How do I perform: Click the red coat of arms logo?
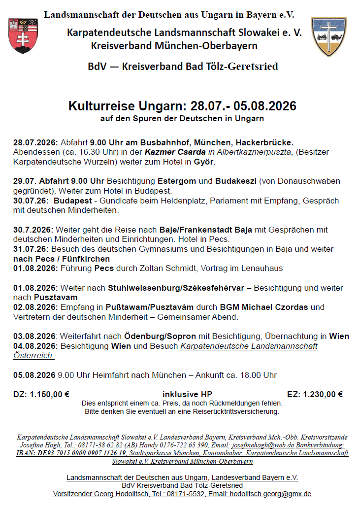(x=23, y=36)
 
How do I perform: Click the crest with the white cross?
(x=329, y=37)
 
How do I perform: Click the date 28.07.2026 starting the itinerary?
(x=35, y=142)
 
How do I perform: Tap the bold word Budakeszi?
(x=235, y=181)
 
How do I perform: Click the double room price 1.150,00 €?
(x=50, y=394)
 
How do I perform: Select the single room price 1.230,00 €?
(x=324, y=394)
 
